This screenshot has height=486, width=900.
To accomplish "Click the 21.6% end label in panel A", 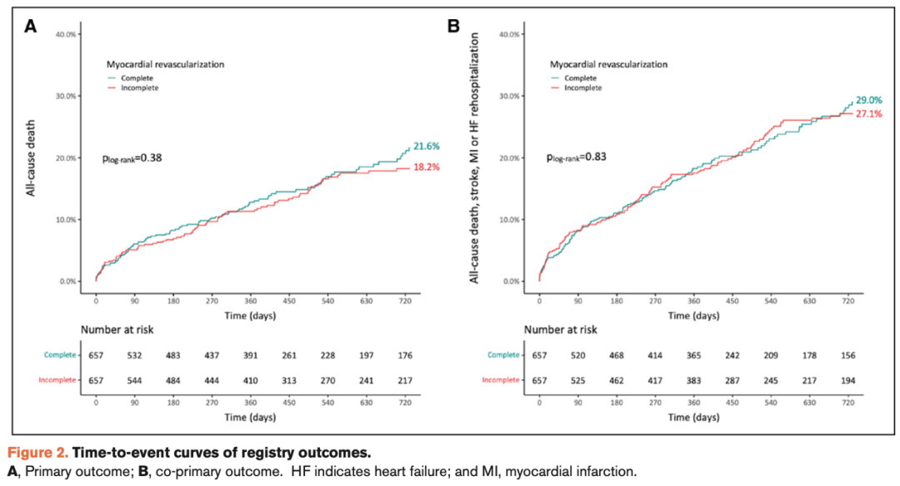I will click(x=428, y=147).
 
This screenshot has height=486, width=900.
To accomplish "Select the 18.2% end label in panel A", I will click(x=428, y=167).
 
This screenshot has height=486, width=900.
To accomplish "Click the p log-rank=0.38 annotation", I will click(x=131, y=157).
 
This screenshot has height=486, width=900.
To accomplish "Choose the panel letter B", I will click(x=453, y=27).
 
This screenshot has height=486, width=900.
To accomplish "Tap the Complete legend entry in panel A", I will click(x=137, y=78).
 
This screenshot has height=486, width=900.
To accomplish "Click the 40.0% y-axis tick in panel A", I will click(x=67, y=34).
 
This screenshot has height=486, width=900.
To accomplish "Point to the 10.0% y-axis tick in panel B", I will click(x=510, y=220).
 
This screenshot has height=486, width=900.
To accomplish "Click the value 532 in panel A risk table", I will click(x=135, y=355).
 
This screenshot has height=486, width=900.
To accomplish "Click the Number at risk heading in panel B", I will click(x=560, y=330).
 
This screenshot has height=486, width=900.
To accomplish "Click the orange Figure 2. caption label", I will click(x=39, y=453).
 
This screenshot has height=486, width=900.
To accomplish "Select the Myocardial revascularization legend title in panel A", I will click(x=167, y=63).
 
